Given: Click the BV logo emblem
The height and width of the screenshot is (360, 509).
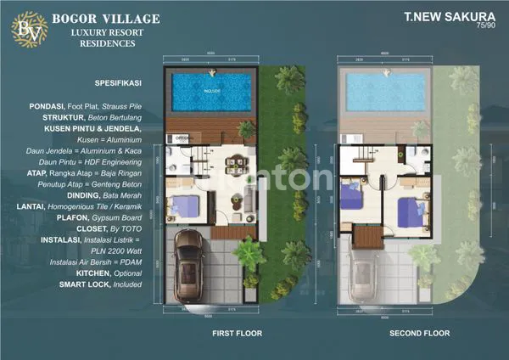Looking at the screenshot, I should (22, 27).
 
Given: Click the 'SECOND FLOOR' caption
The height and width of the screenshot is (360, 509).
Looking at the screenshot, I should (419, 334).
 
